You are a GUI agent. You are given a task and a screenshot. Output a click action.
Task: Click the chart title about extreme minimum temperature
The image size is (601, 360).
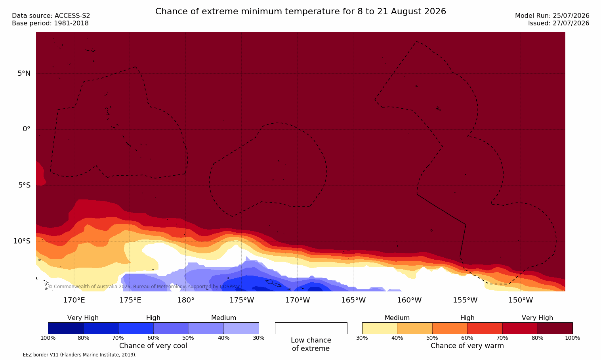(x=300, y=11)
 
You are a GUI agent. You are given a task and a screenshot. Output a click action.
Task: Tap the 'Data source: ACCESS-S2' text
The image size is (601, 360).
(x=51, y=16)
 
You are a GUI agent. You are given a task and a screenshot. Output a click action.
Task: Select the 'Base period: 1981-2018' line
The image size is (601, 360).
(x=50, y=23)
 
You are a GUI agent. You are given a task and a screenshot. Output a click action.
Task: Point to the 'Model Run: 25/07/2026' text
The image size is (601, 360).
(x=552, y=16)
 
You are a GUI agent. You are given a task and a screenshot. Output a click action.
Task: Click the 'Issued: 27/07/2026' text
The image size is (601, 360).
(x=559, y=23)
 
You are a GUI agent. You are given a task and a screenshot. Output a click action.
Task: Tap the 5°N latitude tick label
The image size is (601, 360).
(x=24, y=73)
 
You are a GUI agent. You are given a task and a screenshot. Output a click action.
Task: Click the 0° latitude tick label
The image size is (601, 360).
(x=26, y=129)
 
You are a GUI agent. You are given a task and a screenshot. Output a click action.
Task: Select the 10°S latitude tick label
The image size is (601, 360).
(x=22, y=241)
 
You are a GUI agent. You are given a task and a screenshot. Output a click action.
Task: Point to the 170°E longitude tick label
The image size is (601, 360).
(x=74, y=300)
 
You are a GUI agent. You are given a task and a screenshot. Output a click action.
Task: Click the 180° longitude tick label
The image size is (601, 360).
(x=186, y=300)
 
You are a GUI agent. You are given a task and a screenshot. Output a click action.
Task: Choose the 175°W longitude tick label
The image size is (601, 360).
(x=242, y=300)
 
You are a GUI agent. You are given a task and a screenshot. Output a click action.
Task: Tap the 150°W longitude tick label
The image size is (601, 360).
(x=521, y=300)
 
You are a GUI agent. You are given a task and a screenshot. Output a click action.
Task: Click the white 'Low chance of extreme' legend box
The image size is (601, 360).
(x=311, y=328)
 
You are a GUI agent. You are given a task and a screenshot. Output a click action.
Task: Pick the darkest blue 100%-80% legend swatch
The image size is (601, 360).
(x=65, y=328)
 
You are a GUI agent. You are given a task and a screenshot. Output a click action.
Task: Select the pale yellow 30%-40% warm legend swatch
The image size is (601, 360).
(x=380, y=328)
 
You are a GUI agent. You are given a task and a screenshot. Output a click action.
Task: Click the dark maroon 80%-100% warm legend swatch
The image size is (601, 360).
(x=555, y=328)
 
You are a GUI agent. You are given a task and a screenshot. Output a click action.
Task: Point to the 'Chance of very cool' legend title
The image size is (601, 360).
(x=153, y=346)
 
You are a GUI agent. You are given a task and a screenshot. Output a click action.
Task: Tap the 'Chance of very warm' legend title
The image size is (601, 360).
(x=467, y=346)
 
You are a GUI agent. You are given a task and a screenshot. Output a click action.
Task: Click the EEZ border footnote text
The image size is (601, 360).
(x=71, y=355)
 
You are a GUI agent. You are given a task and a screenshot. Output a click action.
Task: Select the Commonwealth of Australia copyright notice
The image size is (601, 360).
(x=144, y=287)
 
